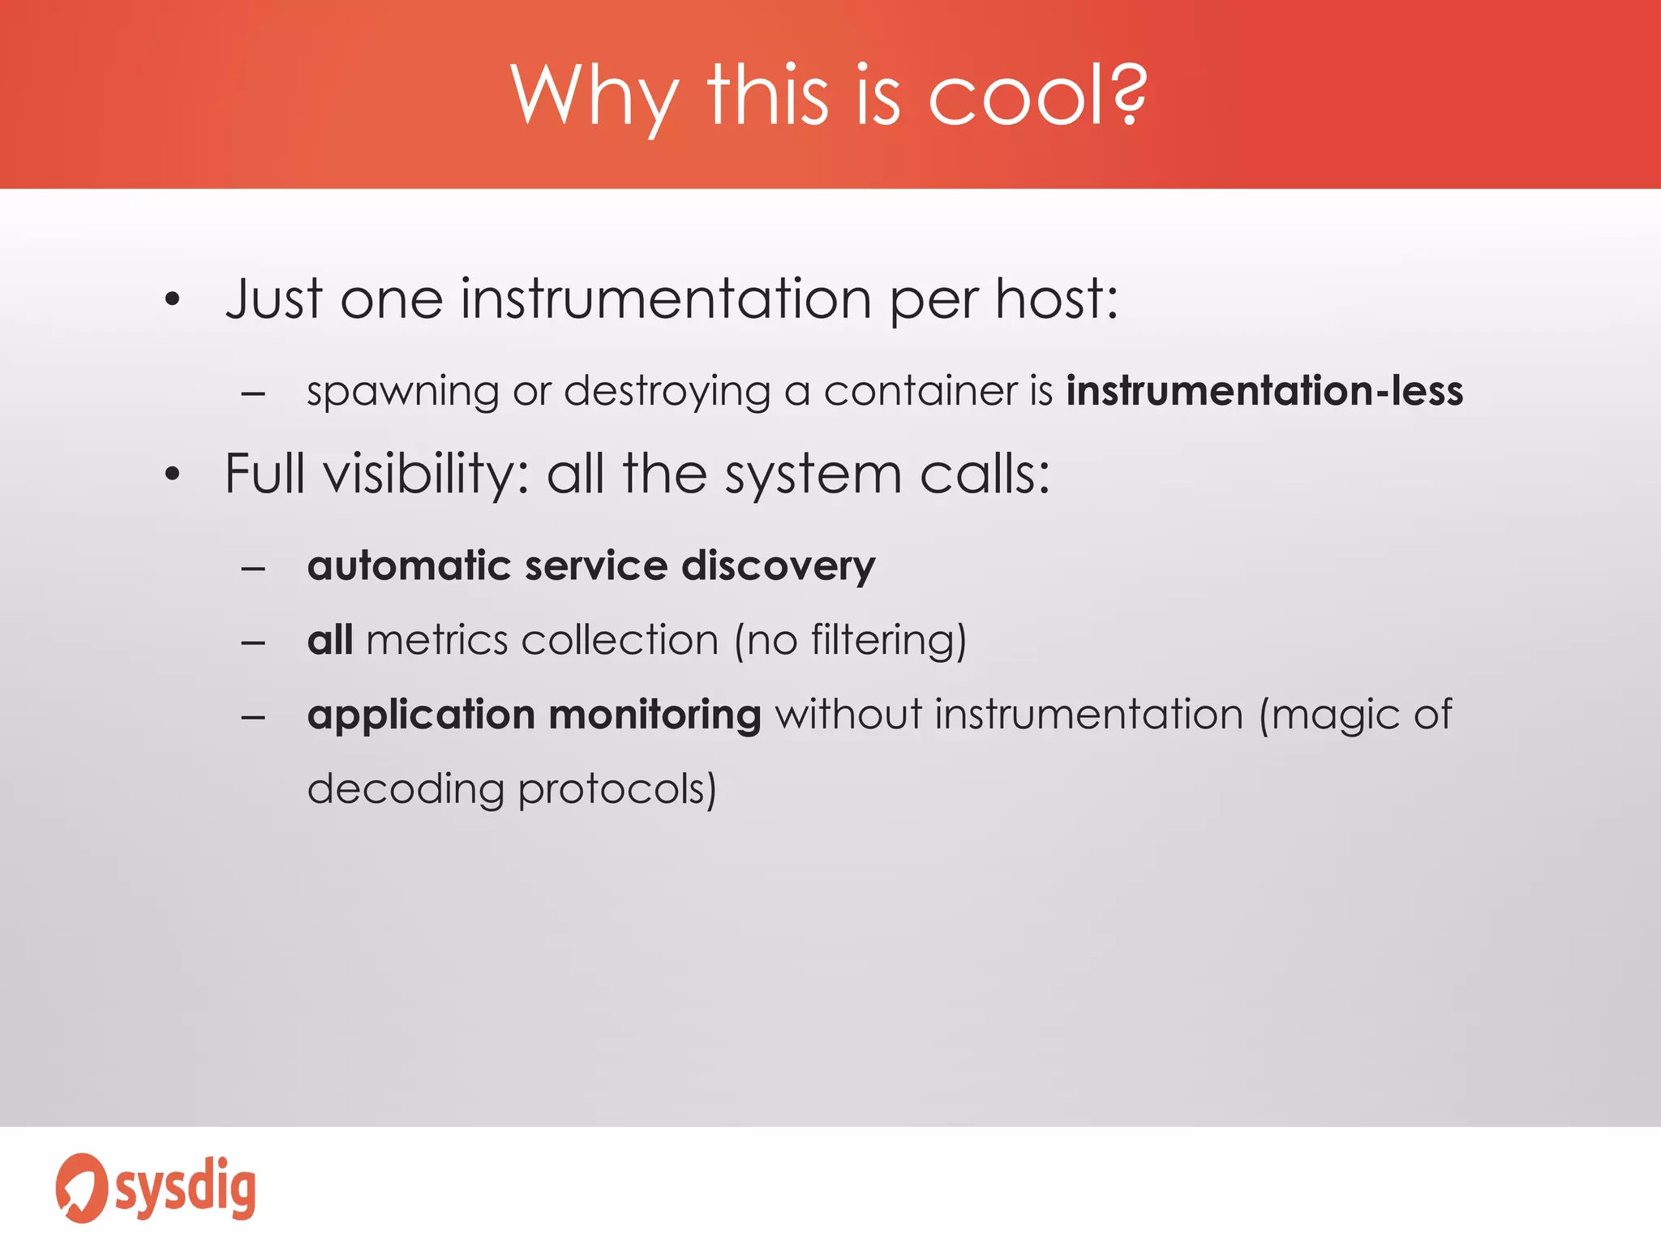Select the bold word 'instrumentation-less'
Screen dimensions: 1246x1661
click(x=1264, y=391)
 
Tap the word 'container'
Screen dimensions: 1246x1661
click(x=920, y=391)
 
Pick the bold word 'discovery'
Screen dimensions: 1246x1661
click(x=778, y=566)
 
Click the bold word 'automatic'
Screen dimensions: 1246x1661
click(x=409, y=565)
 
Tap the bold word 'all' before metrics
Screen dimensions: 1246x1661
click(x=330, y=640)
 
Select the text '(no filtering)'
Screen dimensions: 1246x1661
click(x=850, y=641)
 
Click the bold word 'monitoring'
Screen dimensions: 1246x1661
click(x=655, y=715)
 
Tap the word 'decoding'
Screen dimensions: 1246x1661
click(x=406, y=789)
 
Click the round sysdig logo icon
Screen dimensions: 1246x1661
click(x=81, y=1188)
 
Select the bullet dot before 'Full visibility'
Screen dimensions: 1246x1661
click(x=172, y=475)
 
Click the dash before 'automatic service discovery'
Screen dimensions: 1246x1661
click(x=253, y=569)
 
